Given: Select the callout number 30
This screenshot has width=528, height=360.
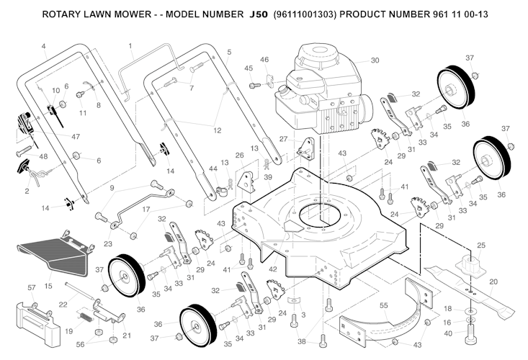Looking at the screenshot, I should coord(375,60).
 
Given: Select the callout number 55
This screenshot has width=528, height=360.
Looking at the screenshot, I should coord(384,305).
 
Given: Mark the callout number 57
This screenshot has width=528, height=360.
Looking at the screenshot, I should coord(31,288).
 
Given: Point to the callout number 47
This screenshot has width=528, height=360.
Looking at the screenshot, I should coord(76,135).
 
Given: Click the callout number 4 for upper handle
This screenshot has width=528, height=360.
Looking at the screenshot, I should coord(43,47).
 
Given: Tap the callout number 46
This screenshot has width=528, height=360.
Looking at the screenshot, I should coord(264,59).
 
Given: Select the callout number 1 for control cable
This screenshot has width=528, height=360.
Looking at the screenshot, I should coord(131,46).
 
